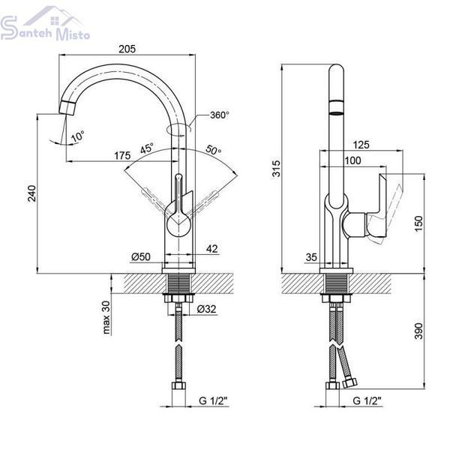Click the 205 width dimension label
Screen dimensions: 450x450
click(x=127, y=49)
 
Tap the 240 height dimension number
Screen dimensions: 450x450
click(x=31, y=193)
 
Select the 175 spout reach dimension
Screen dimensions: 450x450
click(x=122, y=155)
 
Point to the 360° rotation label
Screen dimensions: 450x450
click(x=220, y=115)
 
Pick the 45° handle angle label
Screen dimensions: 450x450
click(x=147, y=148)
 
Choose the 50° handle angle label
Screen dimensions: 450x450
click(x=214, y=150)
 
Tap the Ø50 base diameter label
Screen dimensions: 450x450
click(x=141, y=256)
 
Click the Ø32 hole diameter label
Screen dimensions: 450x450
click(x=207, y=309)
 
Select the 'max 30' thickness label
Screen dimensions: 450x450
click(x=106, y=318)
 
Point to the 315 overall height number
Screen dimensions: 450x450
click(x=276, y=169)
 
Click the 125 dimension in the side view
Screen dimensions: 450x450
click(x=361, y=145)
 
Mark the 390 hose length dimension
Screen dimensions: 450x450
click(x=418, y=331)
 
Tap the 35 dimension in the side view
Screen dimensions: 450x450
click(x=311, y=257)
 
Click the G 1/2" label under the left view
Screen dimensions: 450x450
click(x=213, y=400)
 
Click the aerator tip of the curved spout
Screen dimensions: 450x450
click(x=67, y=108)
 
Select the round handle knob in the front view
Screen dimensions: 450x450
click(x=178, y=226)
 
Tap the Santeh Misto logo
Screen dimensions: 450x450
click(x=45, y=25)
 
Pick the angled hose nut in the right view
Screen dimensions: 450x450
click(x=349, y=382)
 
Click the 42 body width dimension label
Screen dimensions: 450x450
click(x=212, y=248)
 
